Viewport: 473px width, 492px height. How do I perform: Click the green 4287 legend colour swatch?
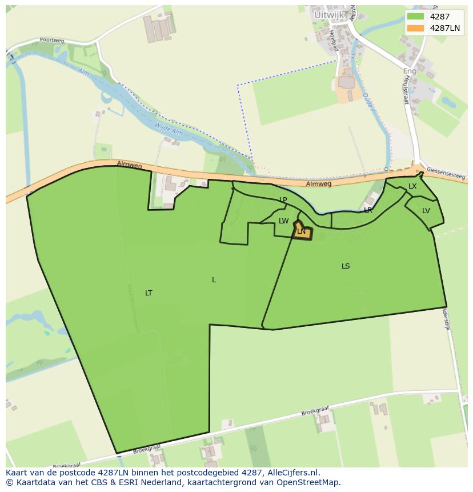pyautogui.click(x=415, y=17)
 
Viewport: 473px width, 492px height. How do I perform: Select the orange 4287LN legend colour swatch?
pyautogui.click(x=415, y=28)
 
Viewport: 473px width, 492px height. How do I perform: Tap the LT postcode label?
pyautogui.click(x=149, y=293)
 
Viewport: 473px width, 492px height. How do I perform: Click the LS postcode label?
pyautogui.click(x=346, y=266)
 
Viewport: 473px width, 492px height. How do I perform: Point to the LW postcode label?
pyautogui.click(x=284, y=221)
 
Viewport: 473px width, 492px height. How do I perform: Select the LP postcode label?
pyautogui.click(x=283, y=200)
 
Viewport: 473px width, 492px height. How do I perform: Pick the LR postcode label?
pyautogui.click(x=368, y=210)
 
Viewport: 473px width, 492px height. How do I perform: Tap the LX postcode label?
pyautogui.click(x=412, y=186)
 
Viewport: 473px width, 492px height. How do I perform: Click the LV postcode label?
pyautogui.click(x=426, y=211)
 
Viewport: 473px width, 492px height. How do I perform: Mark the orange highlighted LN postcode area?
pyautogui.click(x=303, y=231)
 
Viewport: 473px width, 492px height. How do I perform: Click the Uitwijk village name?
pyautogui.click(x=330, y=14)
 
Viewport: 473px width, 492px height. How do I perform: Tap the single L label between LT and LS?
pyautogui.click(x=214, y=280)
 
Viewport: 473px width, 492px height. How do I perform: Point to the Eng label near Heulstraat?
pyautogui.click(x=410, y=71)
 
